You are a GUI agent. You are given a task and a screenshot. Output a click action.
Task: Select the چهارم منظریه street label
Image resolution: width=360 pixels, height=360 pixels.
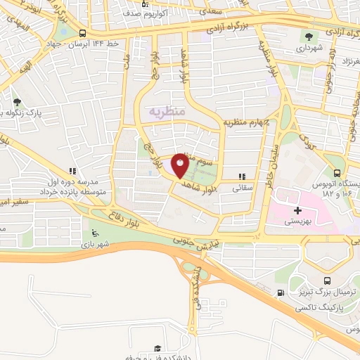(x=247, y=122)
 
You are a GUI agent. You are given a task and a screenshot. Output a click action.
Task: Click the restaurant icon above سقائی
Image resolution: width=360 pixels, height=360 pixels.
(x=243, y=176)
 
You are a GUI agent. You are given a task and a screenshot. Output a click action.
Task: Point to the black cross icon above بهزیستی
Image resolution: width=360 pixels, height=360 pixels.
(x=297, y=210)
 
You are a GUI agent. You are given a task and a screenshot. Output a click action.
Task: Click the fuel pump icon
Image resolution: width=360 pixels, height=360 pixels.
(x=281, y=292)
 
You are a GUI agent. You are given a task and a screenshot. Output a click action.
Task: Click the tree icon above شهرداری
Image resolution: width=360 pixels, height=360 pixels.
(x=308, y=37)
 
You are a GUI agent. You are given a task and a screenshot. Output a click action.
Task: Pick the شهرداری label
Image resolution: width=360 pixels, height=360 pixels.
(x=309, y=49)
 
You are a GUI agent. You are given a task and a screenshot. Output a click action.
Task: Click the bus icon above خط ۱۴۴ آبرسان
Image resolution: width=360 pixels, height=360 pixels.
(x=83, y=33)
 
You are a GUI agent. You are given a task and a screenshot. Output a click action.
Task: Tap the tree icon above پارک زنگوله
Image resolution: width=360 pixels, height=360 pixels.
(x=17, y=102)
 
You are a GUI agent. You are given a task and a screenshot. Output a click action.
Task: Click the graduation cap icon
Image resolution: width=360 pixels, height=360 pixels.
(x=157, y=349)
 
